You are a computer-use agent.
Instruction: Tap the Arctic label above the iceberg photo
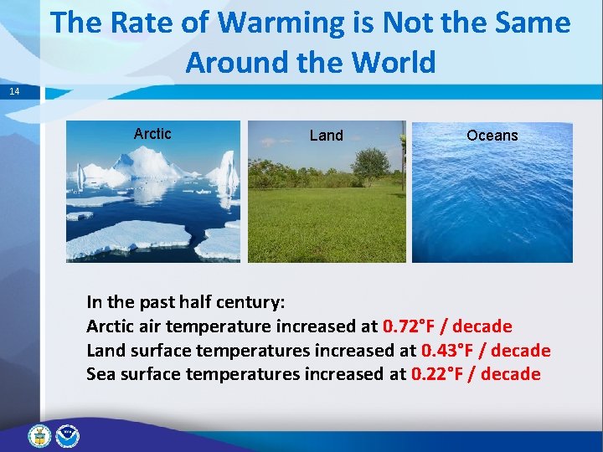[x=152, y=134]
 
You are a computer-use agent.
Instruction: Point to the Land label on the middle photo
[x=326, y=136]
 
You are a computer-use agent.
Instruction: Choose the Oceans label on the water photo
[x=492, y=136]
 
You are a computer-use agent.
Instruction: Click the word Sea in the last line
[x=100, y=374]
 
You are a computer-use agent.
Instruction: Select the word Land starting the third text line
[x=106, y=351]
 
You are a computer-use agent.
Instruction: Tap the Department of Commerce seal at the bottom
[x=39, y=435]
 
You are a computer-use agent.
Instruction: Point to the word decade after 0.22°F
[x=511, y=374]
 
